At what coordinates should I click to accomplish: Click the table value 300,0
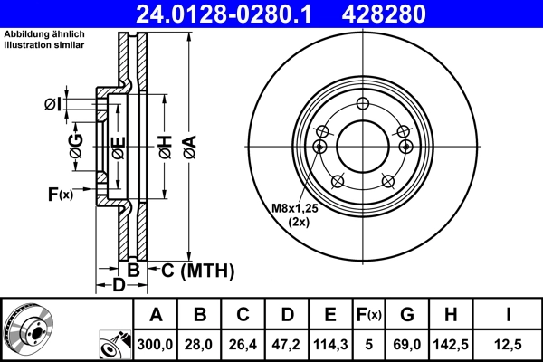click(x=156, y=344)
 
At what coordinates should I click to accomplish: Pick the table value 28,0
click(x=200, y=344)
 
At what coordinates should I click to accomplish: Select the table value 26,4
click(x=243, y=344)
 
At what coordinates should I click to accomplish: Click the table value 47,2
click(x=287, y=344)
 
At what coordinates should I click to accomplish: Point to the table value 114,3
click(x=330, y=344)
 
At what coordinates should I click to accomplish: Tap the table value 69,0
click(x=407, y=344)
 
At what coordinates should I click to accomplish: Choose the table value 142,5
click(x=450, y=344)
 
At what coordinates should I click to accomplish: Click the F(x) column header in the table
click(x=369, y=315)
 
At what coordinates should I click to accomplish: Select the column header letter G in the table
click(x=407, y=315)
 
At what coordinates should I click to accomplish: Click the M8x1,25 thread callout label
click(x=294, y=209)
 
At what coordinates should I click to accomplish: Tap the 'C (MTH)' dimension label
click(x=197, y=270)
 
